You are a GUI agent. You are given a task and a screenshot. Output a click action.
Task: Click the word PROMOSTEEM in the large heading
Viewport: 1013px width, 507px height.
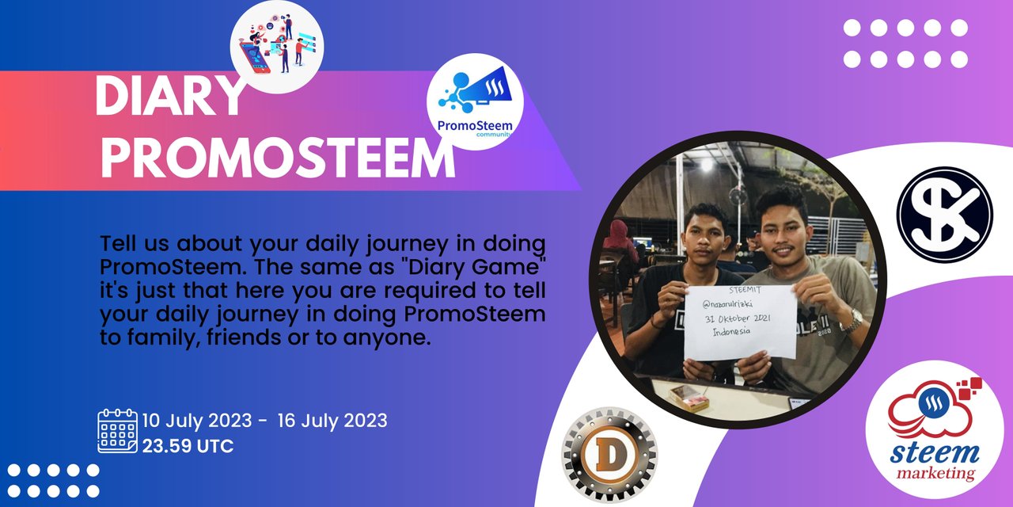coord(278,158)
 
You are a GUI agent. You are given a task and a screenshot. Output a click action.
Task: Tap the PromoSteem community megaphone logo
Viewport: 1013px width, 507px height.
coord(475,102)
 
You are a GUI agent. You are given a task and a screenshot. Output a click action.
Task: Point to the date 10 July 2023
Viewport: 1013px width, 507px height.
coord(197,421)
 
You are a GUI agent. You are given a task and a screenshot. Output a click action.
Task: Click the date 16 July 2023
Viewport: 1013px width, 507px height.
coord(332,421)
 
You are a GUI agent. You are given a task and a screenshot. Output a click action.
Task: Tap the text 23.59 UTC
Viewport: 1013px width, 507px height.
coord(188,446)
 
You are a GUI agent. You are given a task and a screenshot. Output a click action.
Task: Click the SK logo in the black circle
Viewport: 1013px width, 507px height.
coord(945,215)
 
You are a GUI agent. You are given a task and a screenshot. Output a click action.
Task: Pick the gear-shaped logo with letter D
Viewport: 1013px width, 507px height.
coord(609,455)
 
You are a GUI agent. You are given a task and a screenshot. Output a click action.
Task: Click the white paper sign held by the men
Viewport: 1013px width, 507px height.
coord(740,322)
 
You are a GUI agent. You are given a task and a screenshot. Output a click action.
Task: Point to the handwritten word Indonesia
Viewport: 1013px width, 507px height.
coord(731,332)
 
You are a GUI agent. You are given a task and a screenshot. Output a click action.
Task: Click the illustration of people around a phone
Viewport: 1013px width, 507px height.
coord(277,47)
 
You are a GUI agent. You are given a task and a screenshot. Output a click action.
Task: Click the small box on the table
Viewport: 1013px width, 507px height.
coord(689,398)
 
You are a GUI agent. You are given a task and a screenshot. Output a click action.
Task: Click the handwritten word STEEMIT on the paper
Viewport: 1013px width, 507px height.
coord(745,290)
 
